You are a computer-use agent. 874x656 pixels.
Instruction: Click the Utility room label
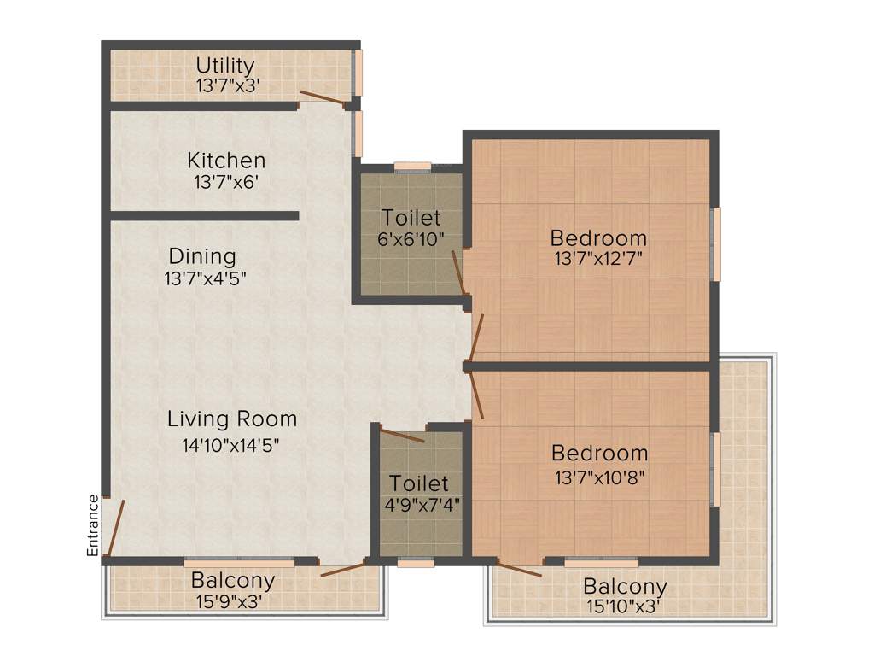(225, 66)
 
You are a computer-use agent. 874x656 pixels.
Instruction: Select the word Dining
(202, 256)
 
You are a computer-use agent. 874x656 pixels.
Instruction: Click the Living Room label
(232, 419)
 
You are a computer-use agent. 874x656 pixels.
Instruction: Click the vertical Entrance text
(93, 525)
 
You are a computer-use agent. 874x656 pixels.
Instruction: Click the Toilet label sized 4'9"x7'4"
(419, 483)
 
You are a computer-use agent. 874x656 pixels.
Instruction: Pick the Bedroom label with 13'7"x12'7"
(598, 237)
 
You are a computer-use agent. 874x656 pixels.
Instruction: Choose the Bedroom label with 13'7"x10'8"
(599, 454)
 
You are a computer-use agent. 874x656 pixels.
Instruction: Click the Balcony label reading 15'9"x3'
(233, 581)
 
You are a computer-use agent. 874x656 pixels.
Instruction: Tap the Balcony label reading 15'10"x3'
(625, 587)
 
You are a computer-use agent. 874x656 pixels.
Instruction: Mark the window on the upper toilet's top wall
(412, 167)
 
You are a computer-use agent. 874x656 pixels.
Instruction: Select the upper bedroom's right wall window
(716, 243)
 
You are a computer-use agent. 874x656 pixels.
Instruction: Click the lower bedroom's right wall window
(715, 469)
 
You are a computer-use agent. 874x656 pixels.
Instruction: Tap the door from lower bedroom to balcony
(520, 570)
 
